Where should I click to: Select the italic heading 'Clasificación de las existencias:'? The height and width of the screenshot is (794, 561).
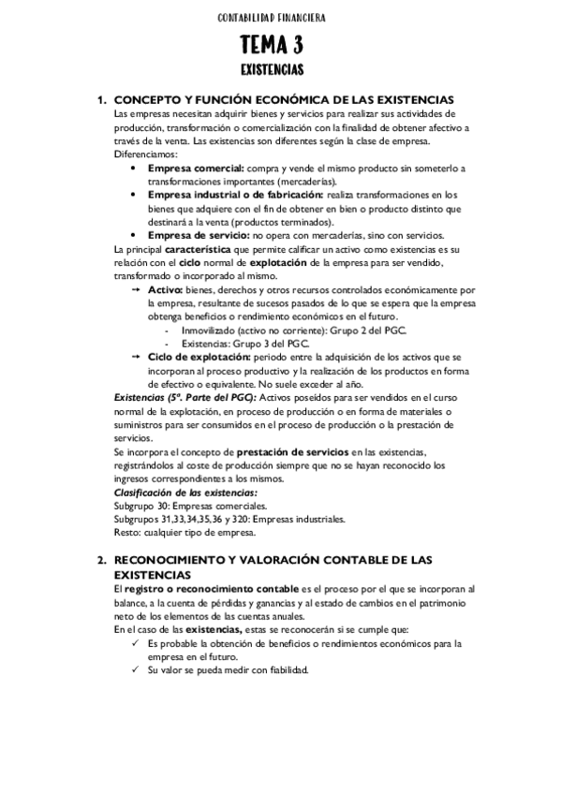(x=185, y=493)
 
